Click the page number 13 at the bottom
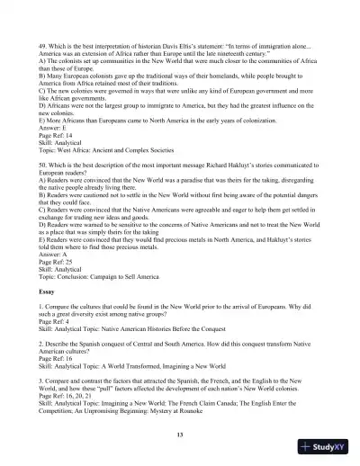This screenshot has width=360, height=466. tap(180, 435)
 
